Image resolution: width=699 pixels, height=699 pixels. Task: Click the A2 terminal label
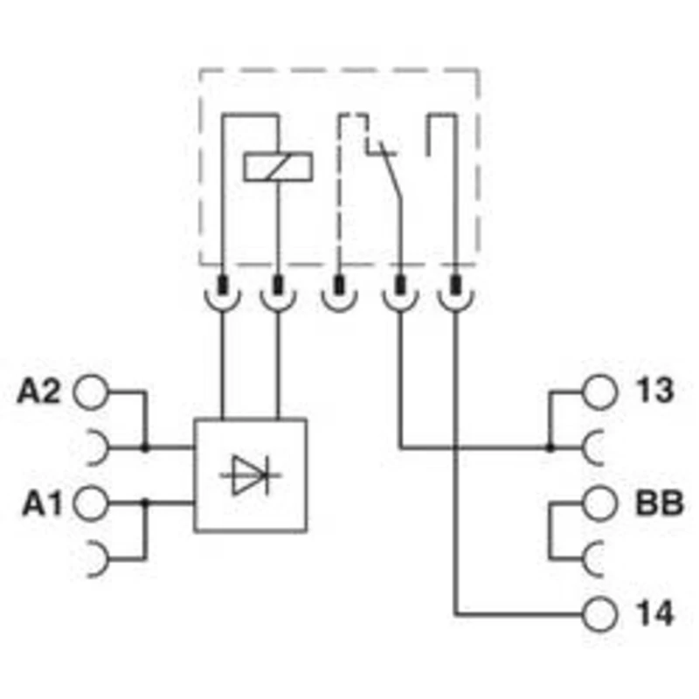[38, 392]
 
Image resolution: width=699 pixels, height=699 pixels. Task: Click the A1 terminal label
[41, 505]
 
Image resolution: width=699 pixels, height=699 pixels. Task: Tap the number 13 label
[654, 391]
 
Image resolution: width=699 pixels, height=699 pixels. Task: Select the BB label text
[659, 503]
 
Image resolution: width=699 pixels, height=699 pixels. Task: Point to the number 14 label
[654, 614]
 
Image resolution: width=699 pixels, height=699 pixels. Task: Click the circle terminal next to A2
[91, 392]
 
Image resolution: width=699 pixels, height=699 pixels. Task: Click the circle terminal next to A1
[91, 504]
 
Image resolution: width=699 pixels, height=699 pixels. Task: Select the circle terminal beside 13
[600, 392]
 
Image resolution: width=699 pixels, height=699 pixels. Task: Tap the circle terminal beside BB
[600, 504]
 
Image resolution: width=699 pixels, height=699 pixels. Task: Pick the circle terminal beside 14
[600, 615]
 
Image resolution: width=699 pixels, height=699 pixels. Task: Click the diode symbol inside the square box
[251, 475]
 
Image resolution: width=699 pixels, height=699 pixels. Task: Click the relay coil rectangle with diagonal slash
[278, 167]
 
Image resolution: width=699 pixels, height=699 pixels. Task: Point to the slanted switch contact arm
[391, 171]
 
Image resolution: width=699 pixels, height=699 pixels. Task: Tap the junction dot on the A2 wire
[144, 447]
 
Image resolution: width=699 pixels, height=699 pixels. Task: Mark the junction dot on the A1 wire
[144, 503]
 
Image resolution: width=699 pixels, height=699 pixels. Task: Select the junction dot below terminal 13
[550, 447]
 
